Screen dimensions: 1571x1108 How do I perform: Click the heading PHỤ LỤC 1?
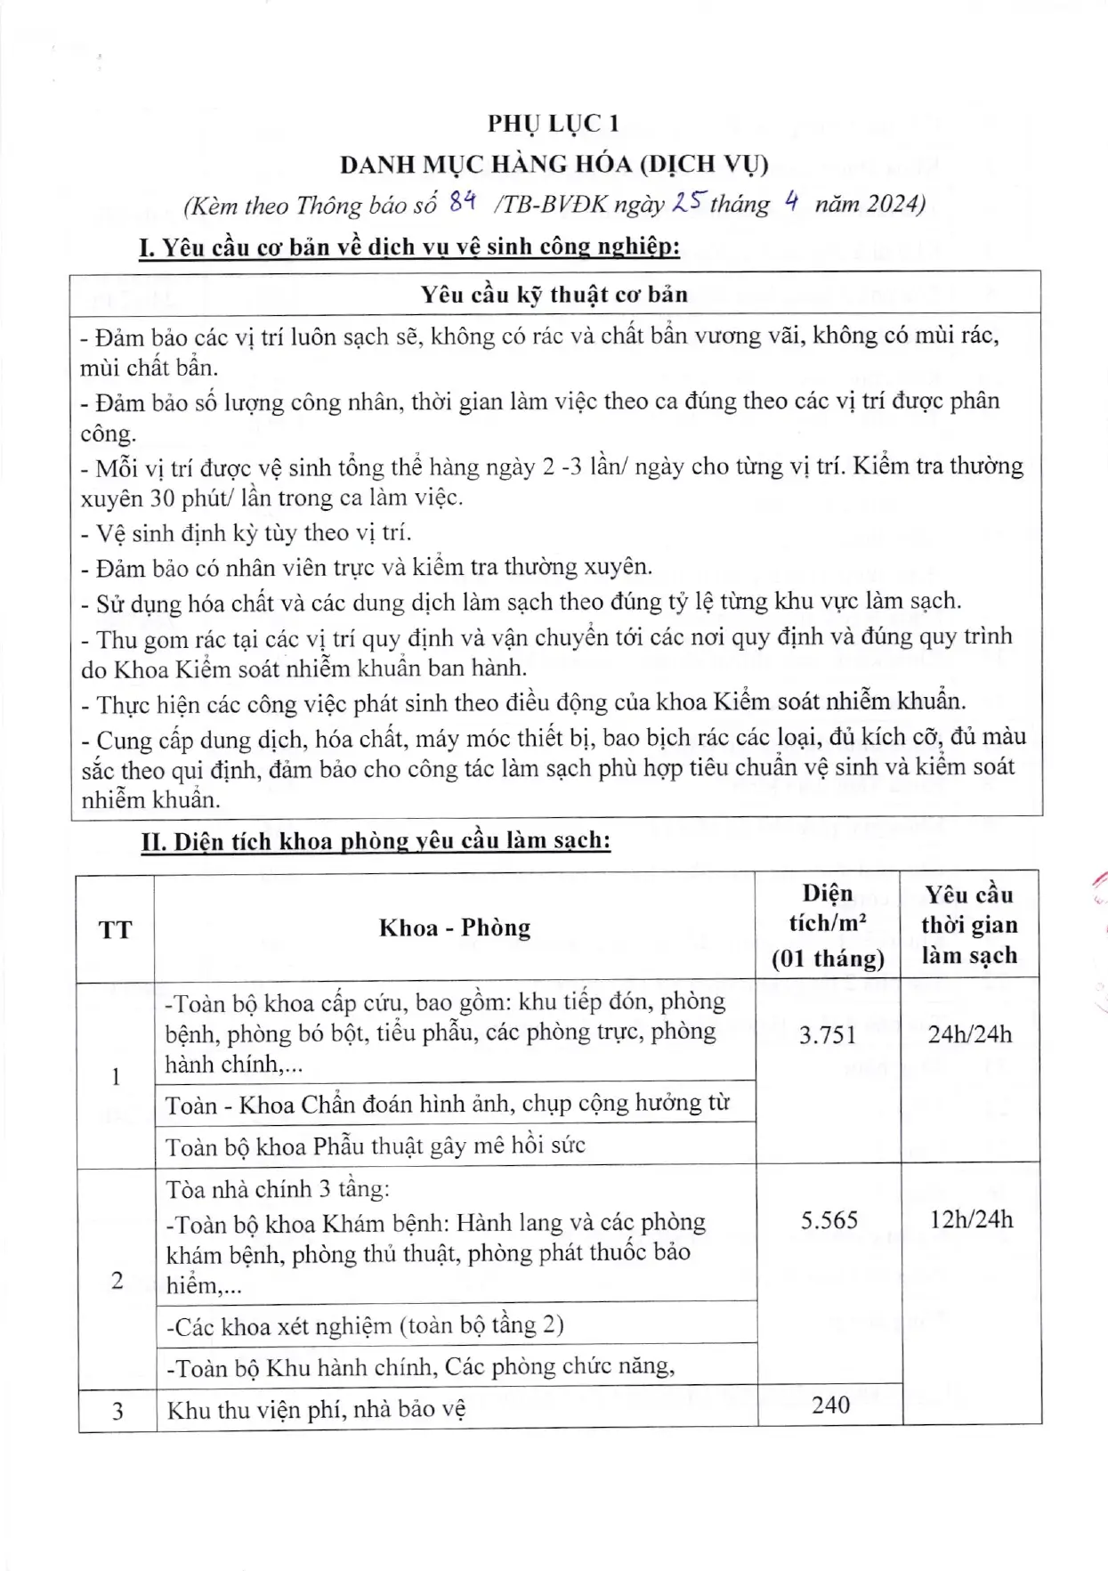click(x=553, y=124)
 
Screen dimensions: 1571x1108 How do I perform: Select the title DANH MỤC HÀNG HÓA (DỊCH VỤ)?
click(x=554, y=165)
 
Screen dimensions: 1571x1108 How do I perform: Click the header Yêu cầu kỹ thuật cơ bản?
click(x=554, y=294)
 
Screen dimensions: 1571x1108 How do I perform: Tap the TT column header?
click(x=115, y=929)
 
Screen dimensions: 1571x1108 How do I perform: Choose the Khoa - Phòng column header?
click(x=455, y=927)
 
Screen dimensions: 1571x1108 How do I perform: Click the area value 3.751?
click(x=827, y=1034)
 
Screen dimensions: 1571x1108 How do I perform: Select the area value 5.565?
click(x=829, y=1219)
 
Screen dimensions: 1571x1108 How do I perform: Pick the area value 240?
click(x=830, y=1405)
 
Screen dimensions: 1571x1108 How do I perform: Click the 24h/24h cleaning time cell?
click(x=969, y=1034)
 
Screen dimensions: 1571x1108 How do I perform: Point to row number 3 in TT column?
click(x=117, y=1411)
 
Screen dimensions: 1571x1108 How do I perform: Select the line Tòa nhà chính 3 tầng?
click(x=278, y=1189)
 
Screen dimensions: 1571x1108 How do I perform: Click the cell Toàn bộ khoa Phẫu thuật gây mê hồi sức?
click(x=375, y=1146)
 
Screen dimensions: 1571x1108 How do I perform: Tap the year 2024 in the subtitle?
click(x=892, y=204)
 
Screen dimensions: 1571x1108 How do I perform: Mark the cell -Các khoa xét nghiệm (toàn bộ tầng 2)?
click(x=365, y=1326)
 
